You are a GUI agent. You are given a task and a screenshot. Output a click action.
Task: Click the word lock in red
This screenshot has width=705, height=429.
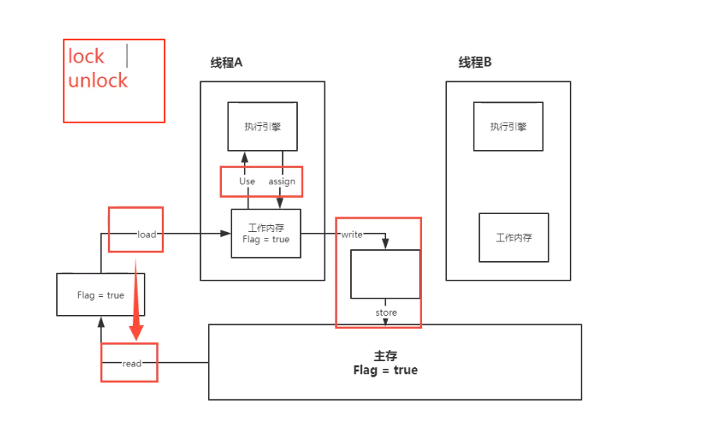pyautogui.click(x=86, y=56)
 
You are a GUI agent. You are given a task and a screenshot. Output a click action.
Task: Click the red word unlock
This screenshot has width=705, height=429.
pyautogui.click(x=98, y=80)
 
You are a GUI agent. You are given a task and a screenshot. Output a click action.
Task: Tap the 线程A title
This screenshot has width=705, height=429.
pyautogui.click(x=227, y=63)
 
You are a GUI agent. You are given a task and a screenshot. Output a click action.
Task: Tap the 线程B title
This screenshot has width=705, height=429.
pyautogui.click(x=475, y=63)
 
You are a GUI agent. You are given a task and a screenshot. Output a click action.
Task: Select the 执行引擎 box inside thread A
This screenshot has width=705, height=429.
pyautogui.click(x=263, y=126)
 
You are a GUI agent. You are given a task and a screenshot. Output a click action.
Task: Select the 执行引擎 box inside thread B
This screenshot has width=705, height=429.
pyautogui.click(x=508, y=126)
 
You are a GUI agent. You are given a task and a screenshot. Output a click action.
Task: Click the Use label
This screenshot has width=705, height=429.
pyautogui.click(x=247, y=181)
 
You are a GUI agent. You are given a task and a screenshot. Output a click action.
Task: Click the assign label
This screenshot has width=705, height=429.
pyautogui.click(x=282, y=181)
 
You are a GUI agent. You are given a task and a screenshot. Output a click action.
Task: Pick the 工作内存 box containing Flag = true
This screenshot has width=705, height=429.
pyautogui.click(x=266, y=234)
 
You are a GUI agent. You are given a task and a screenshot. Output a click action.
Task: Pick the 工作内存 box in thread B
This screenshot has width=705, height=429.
pyautogui.click(x=514, y=238)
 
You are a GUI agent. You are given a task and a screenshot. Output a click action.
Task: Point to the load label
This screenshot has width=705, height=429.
pyautogui.click(x=147, y=234)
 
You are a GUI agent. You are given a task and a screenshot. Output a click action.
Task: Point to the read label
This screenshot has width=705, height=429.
pyautogui.click(x=132, y=363)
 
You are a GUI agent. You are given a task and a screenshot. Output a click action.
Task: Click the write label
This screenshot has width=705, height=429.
pyautogui.click(x=352, y=234)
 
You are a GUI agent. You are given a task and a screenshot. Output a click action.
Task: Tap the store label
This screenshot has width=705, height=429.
pyautogui.click(x=386, y=313)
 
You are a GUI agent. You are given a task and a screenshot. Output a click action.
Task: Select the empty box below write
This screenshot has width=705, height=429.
pyautogui.click(x=385, y=273)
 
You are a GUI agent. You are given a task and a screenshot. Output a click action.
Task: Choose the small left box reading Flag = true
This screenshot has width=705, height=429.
pyautogui.click(x=101, y=295)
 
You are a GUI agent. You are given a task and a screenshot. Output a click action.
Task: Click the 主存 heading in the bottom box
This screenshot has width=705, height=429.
pyautogui.click(x=386, y=356)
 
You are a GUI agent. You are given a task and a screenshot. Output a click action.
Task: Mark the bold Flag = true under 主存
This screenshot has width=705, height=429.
pyautogui.click(x=385, y=370)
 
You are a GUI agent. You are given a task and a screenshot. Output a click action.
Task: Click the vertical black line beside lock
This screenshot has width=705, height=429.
pyautogui.click(x=127, y=55)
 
